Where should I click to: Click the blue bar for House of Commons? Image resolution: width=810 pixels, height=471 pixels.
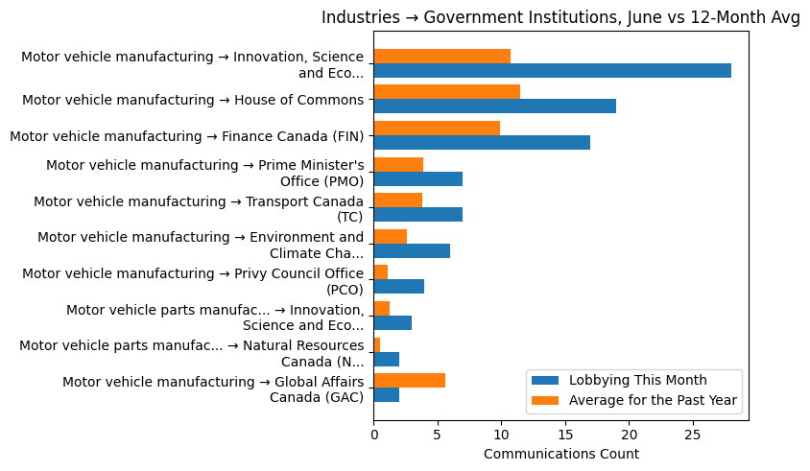[494, 106]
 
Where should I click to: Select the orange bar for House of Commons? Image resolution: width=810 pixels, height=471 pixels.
[446, 92]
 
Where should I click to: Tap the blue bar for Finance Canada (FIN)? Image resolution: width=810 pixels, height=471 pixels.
[482, 143]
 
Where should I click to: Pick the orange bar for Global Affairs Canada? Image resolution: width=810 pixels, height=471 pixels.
[409, 381]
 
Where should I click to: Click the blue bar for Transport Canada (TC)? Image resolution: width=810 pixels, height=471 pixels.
[417, 215]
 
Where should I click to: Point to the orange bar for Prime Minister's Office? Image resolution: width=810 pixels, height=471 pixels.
[398, 164]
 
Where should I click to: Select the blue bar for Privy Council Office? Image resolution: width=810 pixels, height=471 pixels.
[398, 287]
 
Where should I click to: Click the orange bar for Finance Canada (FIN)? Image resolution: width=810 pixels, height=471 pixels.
[437, 129]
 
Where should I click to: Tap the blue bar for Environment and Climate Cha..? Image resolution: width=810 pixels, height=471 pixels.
[412, 251]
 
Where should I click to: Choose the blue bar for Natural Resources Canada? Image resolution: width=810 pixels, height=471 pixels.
[386, 359]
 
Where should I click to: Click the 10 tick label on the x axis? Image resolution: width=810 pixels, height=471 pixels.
[501, 435]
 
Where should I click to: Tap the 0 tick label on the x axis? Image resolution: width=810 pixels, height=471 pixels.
[373, 435]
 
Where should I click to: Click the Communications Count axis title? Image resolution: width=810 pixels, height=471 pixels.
[560, 454]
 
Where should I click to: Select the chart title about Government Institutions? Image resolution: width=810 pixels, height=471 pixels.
[560, 17]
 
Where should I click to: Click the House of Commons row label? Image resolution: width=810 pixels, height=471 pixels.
[193, 100]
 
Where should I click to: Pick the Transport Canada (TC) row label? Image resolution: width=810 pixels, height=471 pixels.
[199, 208]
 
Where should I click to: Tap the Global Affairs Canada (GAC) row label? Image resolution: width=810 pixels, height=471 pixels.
[213, 389]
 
